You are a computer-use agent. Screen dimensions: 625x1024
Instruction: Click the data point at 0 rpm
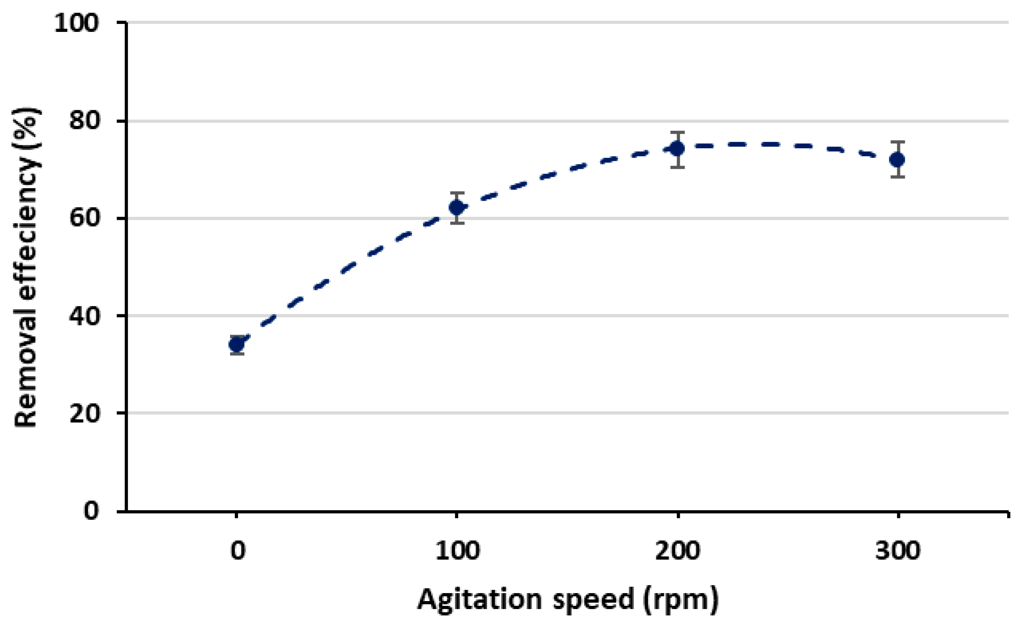click(x=236, y=344)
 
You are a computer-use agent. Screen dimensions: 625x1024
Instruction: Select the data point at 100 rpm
click(x=457, y=207)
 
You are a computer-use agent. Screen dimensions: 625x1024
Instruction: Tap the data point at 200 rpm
click(x=678, y=148)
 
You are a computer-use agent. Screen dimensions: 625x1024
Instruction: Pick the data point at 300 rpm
click(x=898, y=159)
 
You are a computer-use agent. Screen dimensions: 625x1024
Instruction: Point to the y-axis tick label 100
click(x=77, y=23)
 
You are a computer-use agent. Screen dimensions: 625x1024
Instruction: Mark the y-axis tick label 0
click(x=92, y=510)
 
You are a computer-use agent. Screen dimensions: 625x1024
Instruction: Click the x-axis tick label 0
click(x=238, y=551)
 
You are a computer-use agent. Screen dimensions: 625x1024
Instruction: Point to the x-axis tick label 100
click(x=457, y=551)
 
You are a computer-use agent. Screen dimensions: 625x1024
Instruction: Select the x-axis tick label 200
click(x=678, y=551)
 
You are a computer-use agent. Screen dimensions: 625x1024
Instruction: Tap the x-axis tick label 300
click(x=898, y=551)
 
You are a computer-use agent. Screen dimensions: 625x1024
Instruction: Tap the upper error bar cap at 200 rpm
click(x=678, y=132)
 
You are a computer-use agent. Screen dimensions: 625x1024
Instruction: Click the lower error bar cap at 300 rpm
click(x=898, y=177)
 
